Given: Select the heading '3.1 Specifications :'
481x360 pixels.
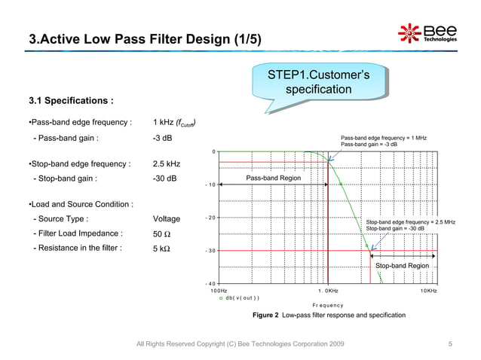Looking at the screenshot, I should coord(71,99).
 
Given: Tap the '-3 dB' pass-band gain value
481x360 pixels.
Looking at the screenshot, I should coord(162,139).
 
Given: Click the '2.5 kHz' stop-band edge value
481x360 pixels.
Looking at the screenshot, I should coord(166,163).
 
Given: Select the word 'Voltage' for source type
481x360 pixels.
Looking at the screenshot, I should coord(166,219).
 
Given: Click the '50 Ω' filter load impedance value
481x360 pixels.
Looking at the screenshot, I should coord(163,233).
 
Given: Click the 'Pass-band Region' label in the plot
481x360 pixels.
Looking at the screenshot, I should coord(273,178).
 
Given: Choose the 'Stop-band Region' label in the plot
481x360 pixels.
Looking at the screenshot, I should coord(402,266).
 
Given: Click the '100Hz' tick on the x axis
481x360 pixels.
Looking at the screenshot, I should coord(219,290).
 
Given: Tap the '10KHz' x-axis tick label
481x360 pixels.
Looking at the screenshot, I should coord(428,290).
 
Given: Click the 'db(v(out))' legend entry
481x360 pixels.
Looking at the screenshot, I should coord(241,297).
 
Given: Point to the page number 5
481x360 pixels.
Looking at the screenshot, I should coord(449,344).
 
